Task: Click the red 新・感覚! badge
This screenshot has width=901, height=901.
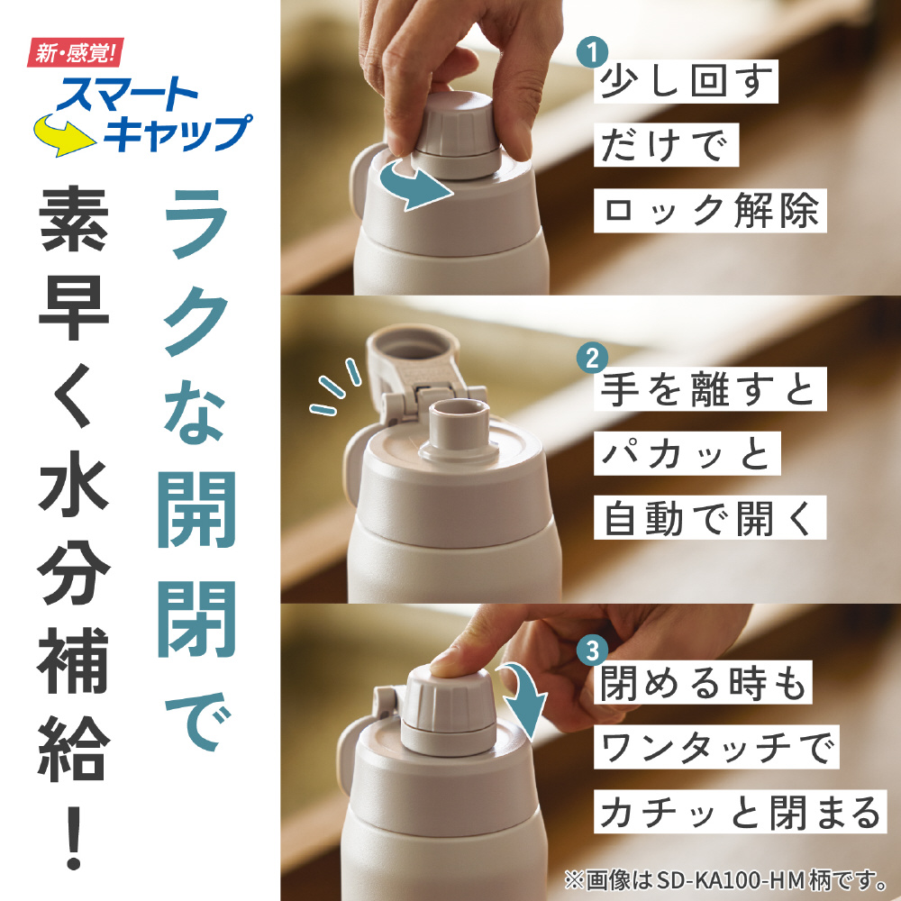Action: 76,53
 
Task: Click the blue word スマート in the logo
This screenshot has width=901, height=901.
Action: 127,94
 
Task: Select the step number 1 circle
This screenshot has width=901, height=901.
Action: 592,52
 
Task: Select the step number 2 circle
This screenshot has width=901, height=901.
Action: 592,358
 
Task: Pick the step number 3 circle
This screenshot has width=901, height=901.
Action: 592,651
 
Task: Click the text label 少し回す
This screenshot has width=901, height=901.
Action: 686,82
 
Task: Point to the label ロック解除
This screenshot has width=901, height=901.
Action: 710,210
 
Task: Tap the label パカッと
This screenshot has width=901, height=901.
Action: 687,454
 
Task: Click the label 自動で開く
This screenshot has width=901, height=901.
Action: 710,518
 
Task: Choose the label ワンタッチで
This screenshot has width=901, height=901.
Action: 716,747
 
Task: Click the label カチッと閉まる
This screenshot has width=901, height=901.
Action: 740,812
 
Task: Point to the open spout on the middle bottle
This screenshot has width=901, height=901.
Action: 459,429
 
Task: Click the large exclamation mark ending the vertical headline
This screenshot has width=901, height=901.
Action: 73,838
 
